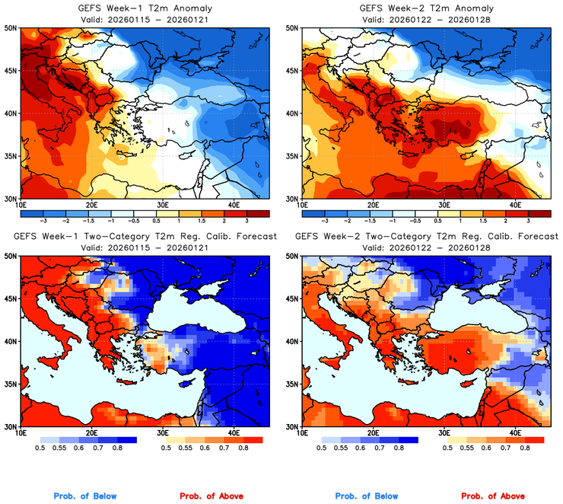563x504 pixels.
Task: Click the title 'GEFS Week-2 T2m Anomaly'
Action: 426,8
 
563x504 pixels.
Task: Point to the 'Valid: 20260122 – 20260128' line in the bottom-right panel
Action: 426,247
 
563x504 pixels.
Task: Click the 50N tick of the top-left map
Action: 11,27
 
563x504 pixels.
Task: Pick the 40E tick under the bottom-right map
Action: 515,433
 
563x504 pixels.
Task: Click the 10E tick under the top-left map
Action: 21,205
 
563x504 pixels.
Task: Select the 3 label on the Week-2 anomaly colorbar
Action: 527,219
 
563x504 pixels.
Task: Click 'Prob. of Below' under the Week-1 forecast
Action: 85,496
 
